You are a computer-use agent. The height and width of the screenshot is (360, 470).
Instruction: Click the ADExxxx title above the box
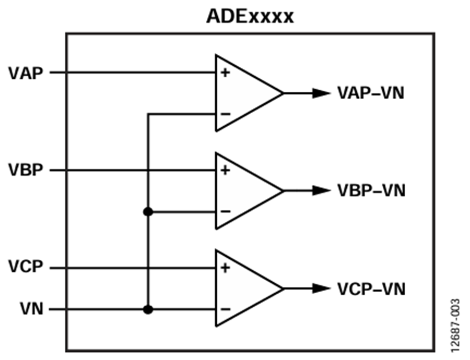point(250,17)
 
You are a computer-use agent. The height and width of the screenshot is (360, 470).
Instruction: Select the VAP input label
point(26,73)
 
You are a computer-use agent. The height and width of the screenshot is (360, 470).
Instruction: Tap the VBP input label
point(26,170)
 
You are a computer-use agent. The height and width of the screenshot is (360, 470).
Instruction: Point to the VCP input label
point(26,266)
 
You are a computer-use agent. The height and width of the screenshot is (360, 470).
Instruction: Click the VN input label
point(32,309)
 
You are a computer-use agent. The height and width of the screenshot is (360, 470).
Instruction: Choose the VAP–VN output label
point(371,93)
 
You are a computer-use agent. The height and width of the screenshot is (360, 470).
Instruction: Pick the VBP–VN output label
point(371,190)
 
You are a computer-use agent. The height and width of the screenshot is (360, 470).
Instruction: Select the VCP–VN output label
point(371,289)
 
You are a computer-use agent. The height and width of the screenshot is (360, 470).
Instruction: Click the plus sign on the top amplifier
point(225,73)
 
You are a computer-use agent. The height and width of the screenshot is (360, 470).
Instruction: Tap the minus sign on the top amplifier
point(226,114)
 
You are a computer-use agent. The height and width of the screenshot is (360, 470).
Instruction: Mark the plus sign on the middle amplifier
point(225,170)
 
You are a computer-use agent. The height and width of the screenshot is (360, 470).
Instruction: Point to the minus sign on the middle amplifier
point(226,211)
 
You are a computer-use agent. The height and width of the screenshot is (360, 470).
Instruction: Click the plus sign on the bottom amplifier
point(225,268)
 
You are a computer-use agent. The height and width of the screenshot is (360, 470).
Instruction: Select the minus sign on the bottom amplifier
point(226,309)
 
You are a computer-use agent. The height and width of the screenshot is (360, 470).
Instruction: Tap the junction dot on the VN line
point(148,309)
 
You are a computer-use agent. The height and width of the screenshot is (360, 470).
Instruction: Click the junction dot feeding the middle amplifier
point(148,212)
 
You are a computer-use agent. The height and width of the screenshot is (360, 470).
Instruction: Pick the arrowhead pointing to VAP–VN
point(321,93)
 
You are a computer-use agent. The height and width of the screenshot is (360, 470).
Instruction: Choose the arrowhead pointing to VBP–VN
point(321,190)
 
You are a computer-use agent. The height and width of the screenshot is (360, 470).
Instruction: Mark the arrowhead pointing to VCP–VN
point(321,289)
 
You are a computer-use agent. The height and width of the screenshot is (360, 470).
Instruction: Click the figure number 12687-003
point(455,326)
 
